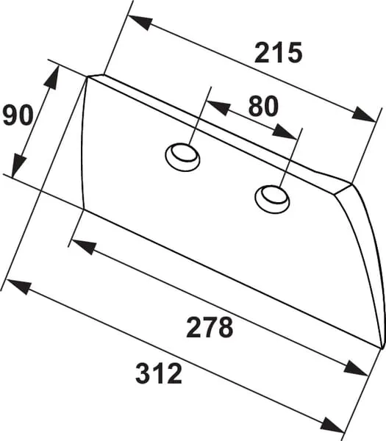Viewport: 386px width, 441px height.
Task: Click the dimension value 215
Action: (278, 53)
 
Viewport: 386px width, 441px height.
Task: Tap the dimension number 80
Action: (263, 106)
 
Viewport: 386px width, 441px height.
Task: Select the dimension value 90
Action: (18, 115)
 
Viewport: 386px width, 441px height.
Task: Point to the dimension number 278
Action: (210, 327)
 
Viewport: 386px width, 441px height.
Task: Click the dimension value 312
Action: (159, 373)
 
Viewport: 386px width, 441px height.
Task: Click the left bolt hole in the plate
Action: (182, 157)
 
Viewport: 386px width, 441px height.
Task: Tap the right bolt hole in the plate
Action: (272, 199)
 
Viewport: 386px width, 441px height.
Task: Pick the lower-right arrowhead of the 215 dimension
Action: (364, 115)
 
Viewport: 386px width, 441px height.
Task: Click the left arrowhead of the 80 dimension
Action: (218, 107)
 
